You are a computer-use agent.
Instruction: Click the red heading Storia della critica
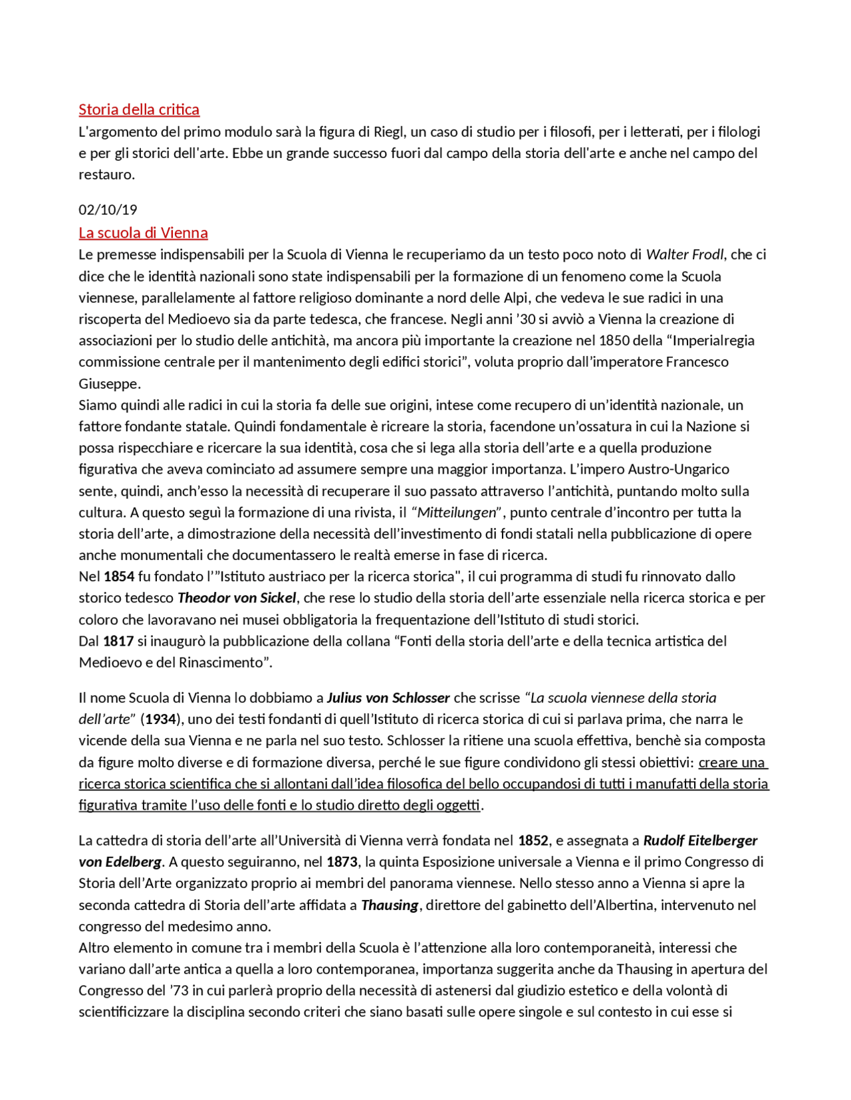tap(139, 110)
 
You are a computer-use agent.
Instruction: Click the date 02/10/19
tap(108, 210)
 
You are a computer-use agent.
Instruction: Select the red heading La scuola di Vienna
tap(143, 233)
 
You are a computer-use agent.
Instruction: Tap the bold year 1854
tap(119, 577)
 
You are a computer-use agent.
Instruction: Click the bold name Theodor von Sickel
tap(236, 598)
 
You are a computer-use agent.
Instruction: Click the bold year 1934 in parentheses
tap(160, 719)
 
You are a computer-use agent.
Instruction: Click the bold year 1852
tap(533, 841)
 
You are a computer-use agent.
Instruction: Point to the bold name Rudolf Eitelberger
tap(700, 841)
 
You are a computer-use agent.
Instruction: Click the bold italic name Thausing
tap(390, 905)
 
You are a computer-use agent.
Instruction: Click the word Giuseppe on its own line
tap(109, 384)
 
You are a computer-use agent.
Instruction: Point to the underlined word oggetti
tap(457, 806)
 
